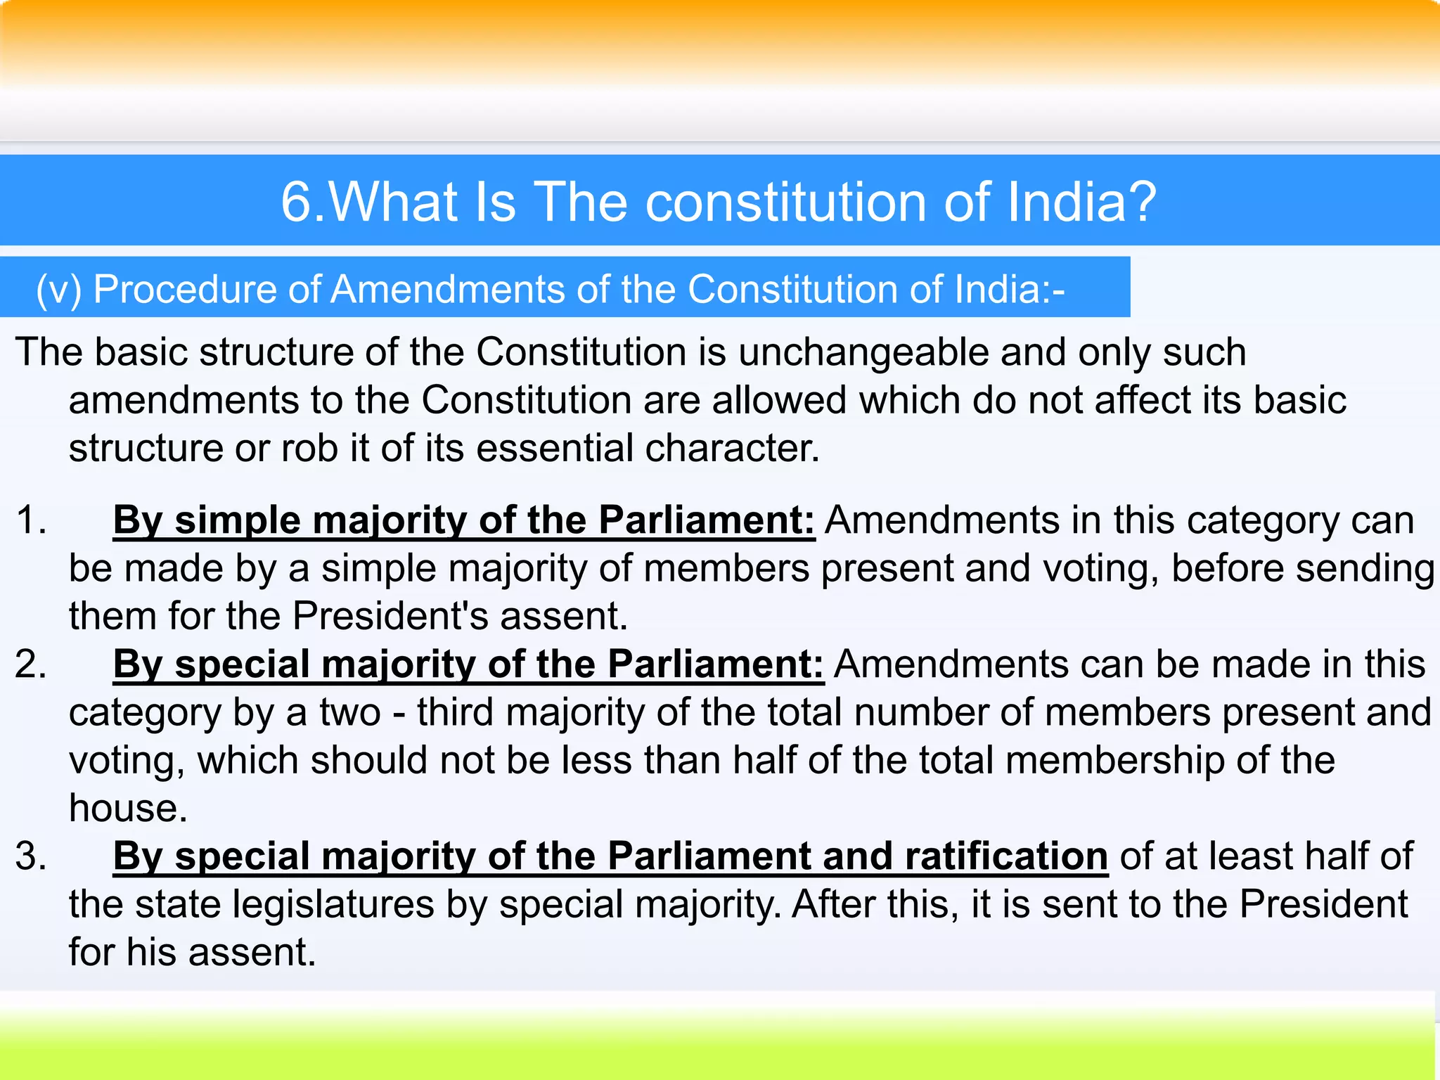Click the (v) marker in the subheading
point(59,289)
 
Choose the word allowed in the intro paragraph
point(778,400)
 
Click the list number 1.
point(30,521)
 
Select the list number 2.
point(30,664)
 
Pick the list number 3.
point(30,856)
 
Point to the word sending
point(1364,568)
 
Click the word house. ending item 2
point(128,809)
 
